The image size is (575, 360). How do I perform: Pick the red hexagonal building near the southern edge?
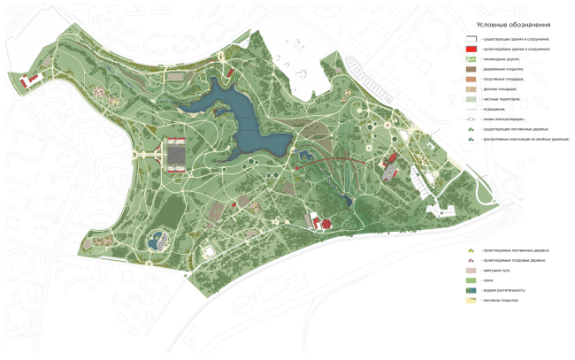(324, 223)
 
